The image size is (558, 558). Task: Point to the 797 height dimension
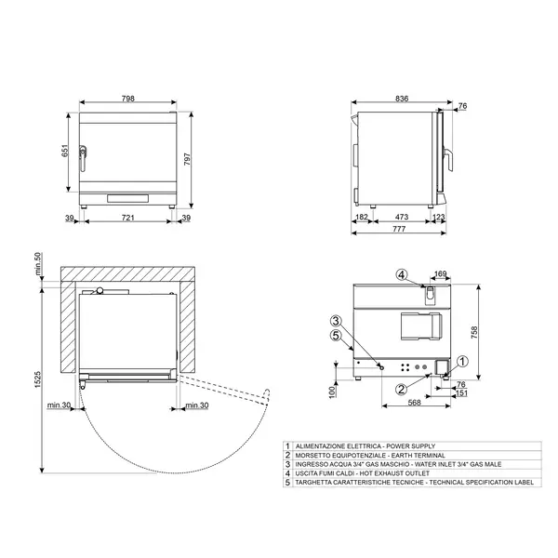(189, 159)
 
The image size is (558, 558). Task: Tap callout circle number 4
(401, 274)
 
